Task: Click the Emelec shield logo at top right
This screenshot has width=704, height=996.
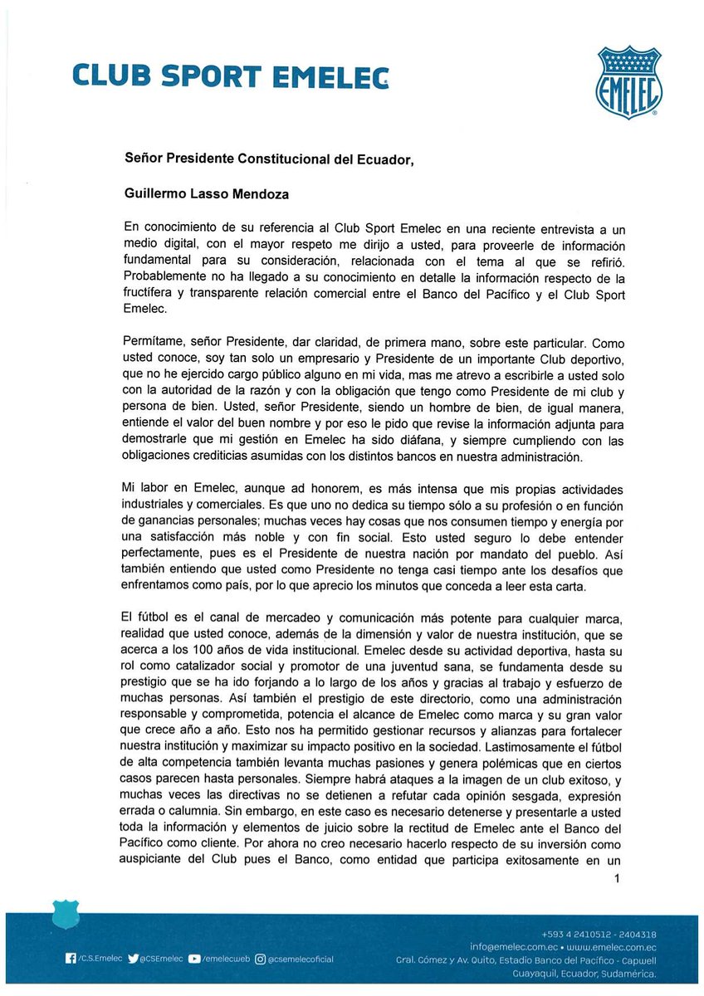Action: [x=628, y=82]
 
